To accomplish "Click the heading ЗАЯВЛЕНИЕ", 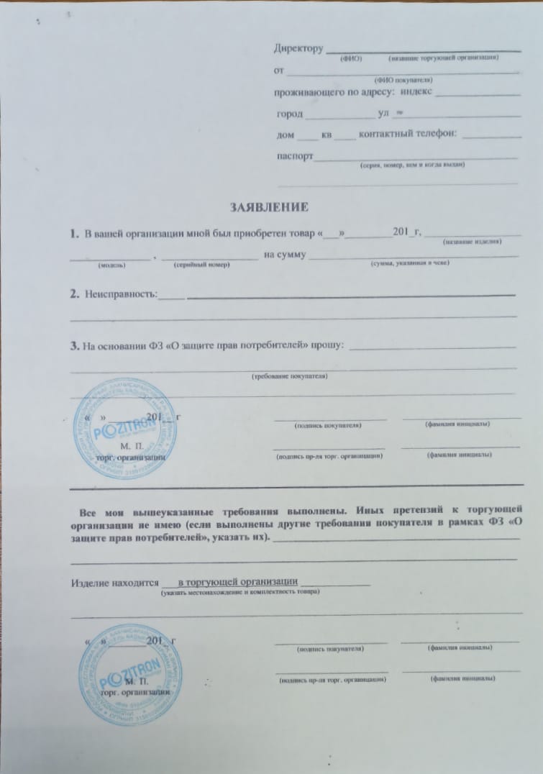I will (269, 208).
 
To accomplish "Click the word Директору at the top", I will (297, 49).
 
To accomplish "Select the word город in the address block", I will (289, 114).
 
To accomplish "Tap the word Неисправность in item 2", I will (120, 295).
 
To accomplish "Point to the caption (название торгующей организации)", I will (442, 58).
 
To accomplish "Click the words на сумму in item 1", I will (286, 255).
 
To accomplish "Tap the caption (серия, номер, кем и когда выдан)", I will (411, 165).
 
